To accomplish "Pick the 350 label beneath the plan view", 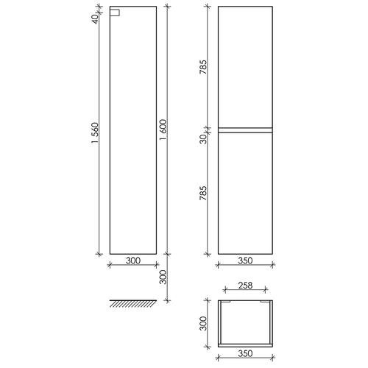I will tap(245, 353).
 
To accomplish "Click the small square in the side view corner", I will tap(114, 13).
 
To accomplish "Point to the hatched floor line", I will tap(133, 303).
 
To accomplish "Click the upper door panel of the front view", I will tap(246, 68).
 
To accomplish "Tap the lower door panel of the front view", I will tap(246, 193).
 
